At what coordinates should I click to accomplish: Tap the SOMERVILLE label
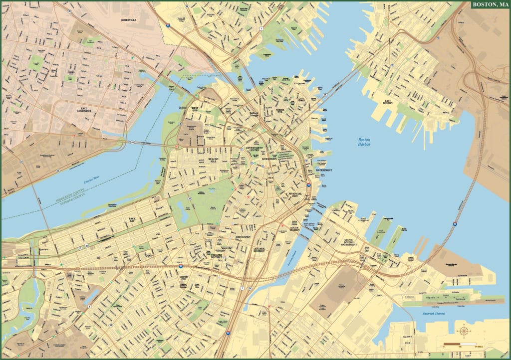(x=129, y=20)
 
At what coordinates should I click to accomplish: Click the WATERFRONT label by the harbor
(x=324, y=171)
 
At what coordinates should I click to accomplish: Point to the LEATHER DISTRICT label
(x=259, y=250)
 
